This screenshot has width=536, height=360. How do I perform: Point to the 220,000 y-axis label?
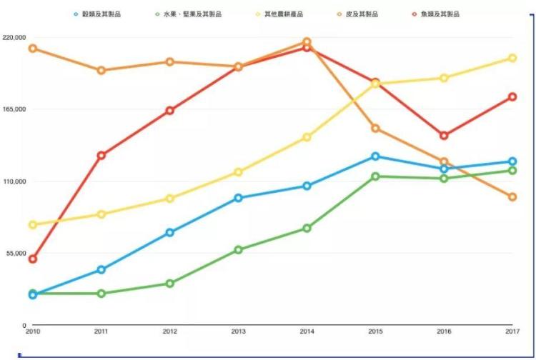pyautogui.click(x=14, y=37)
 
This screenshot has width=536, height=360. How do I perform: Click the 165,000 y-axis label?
pyautogui.click(x=14, y=109)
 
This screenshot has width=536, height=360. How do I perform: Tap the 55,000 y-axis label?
pyautogui.click(x=16, y=254)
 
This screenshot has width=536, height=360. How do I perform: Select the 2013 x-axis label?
pyautogui.click(x=238, y=331)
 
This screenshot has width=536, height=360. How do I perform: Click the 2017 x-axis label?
pyautogui.click(x=512, y=331)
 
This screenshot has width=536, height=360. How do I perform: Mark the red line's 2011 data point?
pyautogui.click(x=101, y=155)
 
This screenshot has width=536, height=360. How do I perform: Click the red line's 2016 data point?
pyautogui.click(x=444, y=135)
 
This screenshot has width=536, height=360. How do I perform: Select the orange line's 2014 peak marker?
pyautogui.click(x=307, y=41)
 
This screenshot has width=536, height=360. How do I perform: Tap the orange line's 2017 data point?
pyautogui.click(x=512, y=196)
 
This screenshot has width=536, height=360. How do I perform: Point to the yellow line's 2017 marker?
pyautogui.click(x=512, y=58)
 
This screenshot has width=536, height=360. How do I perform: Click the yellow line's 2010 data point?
pyautogui.click(x=33, y=225)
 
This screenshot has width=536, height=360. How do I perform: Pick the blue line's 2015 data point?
pyautogui.click(x=375, y=156)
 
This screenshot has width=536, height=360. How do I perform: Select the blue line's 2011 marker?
pyautogui.click(x=101, y=269)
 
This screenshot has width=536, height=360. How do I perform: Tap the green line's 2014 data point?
pyautogui.click(x=307, y=228)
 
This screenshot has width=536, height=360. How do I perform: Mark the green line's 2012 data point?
pyautogui.click(x=170, y=284)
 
